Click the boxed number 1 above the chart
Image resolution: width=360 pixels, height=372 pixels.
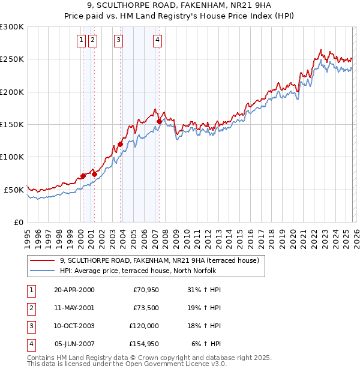[80, 40]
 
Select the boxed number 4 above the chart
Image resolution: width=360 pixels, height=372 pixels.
[157, 40]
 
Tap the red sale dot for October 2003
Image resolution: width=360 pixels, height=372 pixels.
[120, 144]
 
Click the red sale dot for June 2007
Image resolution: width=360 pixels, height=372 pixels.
[159, 121]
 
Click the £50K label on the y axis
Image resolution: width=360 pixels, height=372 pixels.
[14, 190]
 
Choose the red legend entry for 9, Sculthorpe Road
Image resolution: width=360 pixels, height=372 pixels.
[159, 260]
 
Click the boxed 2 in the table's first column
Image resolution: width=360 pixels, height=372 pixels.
[31, 308]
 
